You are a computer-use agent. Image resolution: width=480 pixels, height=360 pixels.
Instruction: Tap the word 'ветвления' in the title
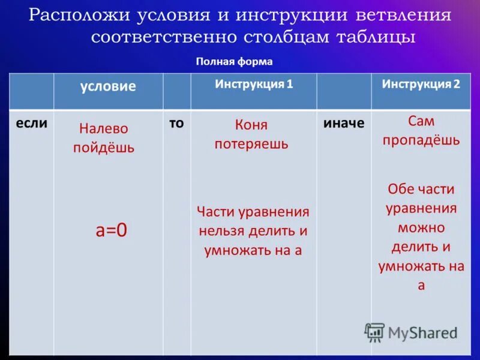click(404, 14)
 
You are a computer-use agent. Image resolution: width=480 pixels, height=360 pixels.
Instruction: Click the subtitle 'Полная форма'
click(234, 61)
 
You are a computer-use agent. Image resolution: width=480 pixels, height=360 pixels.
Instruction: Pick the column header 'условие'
click(108, 86)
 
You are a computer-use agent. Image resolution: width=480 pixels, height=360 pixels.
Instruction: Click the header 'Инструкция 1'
click(254, 84)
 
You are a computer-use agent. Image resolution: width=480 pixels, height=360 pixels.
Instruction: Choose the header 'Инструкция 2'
click(421, 84)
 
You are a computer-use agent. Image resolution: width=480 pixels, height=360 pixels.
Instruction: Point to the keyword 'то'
click(176, 122)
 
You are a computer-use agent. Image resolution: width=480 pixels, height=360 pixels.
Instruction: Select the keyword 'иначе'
click(344, 123)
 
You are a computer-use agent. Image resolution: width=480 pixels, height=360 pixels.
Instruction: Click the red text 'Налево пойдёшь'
click(104, 138)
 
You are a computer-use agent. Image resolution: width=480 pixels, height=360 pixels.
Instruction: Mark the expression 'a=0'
click(112, 231)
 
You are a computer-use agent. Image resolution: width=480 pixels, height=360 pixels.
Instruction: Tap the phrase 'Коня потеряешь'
click(251, 134)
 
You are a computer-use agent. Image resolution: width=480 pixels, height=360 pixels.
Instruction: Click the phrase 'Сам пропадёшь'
click(421, 131)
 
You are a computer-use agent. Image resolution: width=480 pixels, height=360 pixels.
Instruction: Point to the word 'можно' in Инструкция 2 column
click(421, 228)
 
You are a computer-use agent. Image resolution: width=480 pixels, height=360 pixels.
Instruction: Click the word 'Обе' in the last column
click(400, 189)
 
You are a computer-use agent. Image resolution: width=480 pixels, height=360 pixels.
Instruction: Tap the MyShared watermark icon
click(375, 332)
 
